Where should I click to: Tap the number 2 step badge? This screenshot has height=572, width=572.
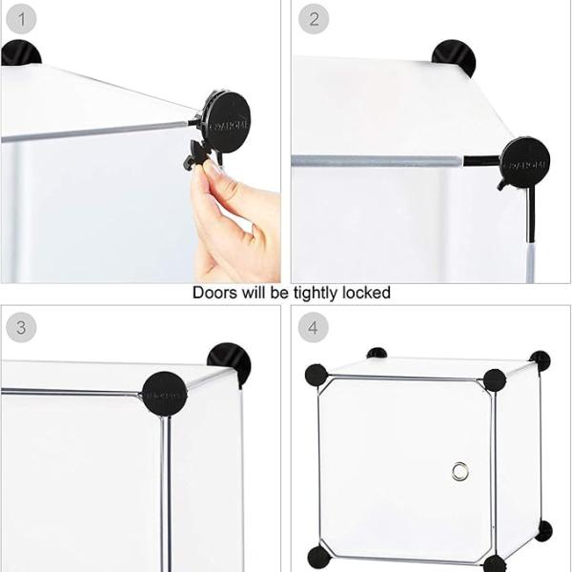[x=312, y=19]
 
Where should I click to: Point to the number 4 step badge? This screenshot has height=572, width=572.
[x=312, y=328]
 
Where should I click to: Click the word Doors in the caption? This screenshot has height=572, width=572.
[x=214, y=293]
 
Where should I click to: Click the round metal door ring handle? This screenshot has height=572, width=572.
[x=460, y=470]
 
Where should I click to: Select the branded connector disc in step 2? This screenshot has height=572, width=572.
[x=524, y=160]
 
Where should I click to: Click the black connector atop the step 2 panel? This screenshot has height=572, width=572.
[x=454, y=57]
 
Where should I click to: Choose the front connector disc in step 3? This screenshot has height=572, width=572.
[x=164, y=393]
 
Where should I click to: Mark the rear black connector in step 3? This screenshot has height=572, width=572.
[x=230, y=363]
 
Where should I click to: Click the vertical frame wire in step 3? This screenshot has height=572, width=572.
[x=165, y=486]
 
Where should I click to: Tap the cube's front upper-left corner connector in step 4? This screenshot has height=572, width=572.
[x=317, y=375]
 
